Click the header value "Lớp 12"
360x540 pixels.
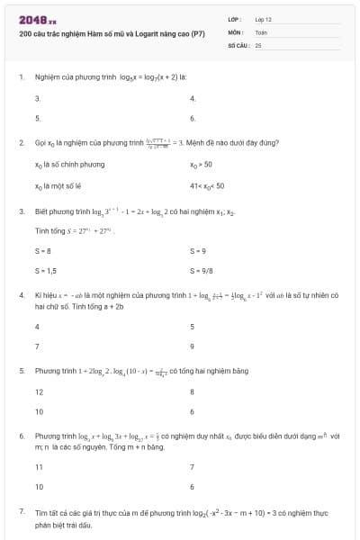point(264,19)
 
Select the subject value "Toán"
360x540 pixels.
point(262,31)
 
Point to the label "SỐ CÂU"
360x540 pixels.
point(238,44)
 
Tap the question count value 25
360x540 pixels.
point(258,44)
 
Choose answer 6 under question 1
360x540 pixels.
point(193,118)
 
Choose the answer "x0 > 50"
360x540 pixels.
point(201,165)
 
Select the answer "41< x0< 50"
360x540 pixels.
point(207,185)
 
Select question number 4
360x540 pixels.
point(21,294)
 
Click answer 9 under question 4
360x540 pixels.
point(193,346)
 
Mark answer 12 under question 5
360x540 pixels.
point(39,391)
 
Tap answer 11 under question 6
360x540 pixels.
point(39,466)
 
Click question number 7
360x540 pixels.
point(21,510)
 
